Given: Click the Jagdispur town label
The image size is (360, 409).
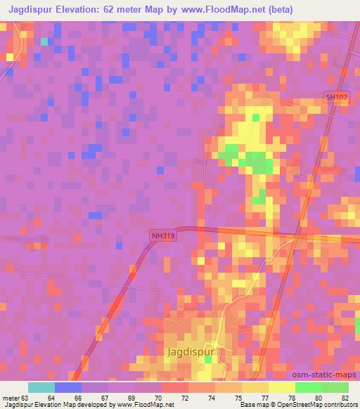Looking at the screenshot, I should point(189,351).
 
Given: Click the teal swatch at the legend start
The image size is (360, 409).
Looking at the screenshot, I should point(41,387).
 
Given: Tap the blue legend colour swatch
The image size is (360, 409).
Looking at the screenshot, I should point(68,387).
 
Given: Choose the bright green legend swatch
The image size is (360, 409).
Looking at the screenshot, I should point(309,387).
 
